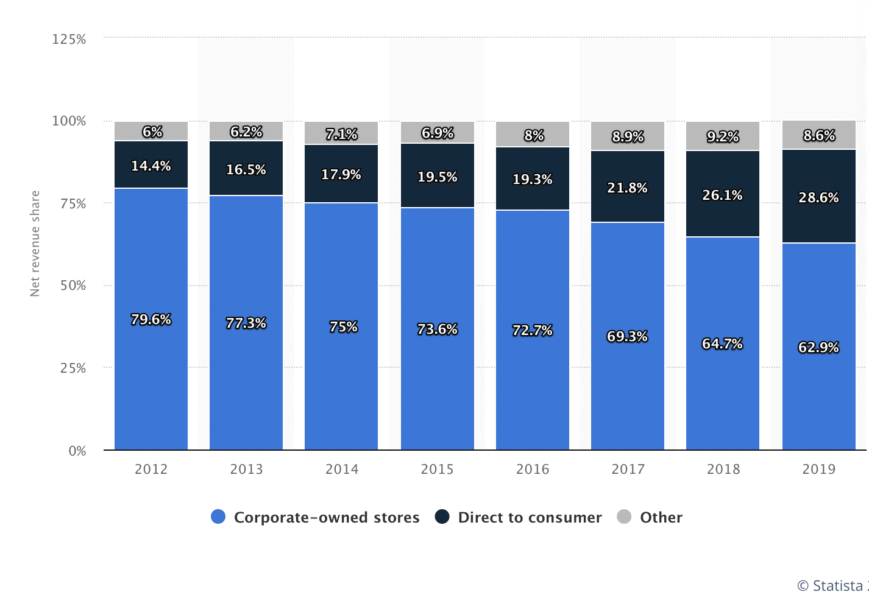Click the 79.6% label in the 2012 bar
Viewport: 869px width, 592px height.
click(x=151, y=319)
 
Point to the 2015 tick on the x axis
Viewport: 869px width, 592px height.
click(x=437, y=469)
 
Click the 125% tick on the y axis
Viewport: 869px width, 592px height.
click(x=69, y=40)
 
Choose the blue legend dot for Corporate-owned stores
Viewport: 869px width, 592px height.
click(x=218, y=517)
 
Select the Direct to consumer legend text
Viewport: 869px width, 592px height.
click(x=530, y=517)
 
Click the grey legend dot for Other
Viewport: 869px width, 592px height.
click(x=624, y=517)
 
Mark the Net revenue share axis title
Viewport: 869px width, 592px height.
click(x=35, y=244)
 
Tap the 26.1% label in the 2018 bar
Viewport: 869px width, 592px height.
click(x=722, y=195)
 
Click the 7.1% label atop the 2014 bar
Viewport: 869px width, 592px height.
click(x=341, y=133)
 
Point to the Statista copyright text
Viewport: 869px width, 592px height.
click(x=832, y=585)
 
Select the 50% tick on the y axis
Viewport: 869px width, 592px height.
click(x=73, y=286)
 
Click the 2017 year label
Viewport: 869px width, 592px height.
click(x=628, y=469)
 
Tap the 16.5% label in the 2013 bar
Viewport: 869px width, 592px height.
click(x=246, y=169)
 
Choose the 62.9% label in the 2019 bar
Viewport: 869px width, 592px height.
click(x=818, y=347)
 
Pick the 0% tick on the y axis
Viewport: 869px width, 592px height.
click(x=77, y=451)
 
